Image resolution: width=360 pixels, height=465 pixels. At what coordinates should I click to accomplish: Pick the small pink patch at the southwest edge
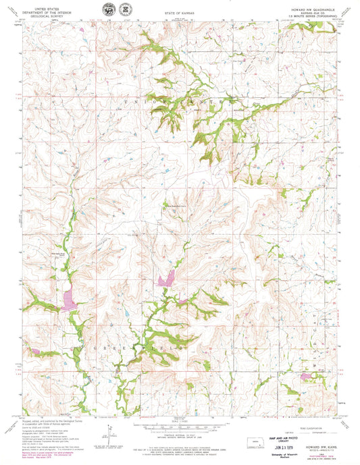click(x=34, y=351)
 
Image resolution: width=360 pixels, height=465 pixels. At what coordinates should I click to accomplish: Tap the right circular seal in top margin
click(x=124, y=9)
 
